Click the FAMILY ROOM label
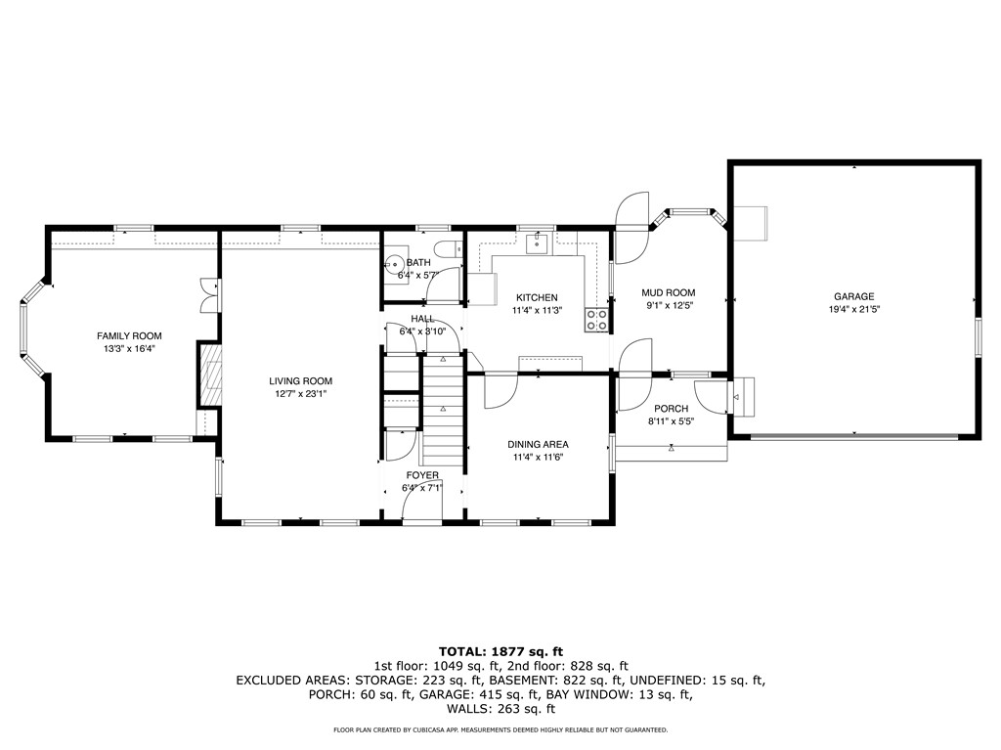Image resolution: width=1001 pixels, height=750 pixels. click(128, 335)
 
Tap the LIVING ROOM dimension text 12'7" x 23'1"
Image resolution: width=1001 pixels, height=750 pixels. click(301, 394)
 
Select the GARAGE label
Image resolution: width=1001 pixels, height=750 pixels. click(853, 296)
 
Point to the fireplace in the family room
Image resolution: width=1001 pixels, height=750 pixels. click(208, 374)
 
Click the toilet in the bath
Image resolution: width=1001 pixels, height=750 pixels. click(453, 251)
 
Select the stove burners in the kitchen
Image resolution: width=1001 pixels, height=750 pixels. click(596, 318)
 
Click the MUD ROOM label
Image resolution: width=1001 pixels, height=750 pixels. click(668, 292)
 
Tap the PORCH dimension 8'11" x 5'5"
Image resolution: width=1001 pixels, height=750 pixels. click(671, 422)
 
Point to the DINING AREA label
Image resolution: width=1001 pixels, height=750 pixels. click(538, 444)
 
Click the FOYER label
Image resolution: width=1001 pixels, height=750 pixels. click(422, 475)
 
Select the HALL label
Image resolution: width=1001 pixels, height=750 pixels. click(422, 319)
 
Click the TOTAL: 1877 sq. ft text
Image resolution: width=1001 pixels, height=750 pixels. click(500, 650)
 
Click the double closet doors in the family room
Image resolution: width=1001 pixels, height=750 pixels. click(206, 296)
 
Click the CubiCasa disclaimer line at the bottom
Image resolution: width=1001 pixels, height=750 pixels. click(500, 730)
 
